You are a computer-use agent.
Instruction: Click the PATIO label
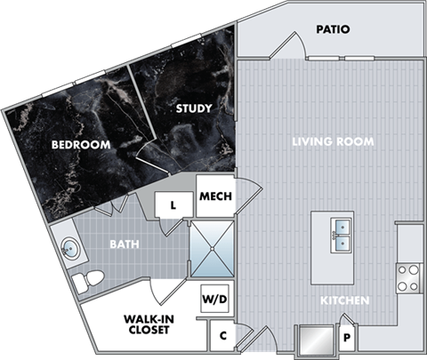click(333, 29)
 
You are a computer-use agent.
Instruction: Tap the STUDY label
click(193, 109)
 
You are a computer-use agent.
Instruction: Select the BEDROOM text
click(80, 144)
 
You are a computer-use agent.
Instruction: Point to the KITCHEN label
click(345, 300)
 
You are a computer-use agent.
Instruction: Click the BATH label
click(123, 242)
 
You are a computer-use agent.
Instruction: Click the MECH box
click(216, 197)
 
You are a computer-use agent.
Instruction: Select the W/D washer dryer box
click(215, 300)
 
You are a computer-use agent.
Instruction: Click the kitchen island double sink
click(342, 232)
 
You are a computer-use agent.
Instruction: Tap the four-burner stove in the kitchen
click(408, 278)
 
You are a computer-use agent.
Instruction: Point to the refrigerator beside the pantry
click(314, 340)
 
